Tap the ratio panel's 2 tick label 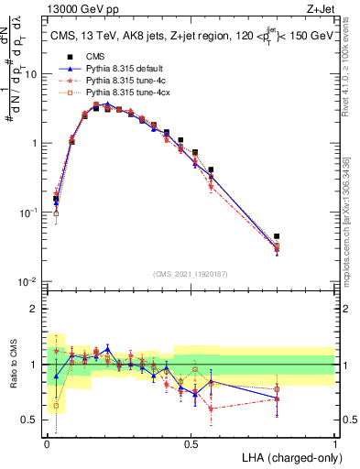click(37, 309)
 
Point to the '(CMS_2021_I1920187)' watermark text click(191, 274)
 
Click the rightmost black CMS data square click(302, 236)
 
